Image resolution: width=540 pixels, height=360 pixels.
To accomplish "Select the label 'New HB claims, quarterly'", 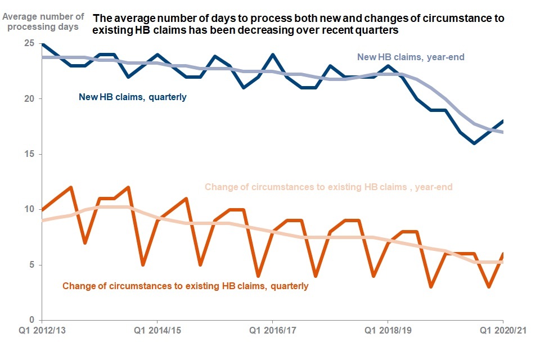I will pos(132,97).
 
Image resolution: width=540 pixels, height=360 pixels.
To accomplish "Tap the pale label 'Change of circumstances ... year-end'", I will pos(328,187).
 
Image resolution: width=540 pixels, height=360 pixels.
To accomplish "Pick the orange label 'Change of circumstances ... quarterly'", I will pos(186,286).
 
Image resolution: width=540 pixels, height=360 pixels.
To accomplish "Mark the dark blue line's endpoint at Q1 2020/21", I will pos(502,121).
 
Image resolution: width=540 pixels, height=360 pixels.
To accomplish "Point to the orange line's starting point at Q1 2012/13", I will pos(43,209).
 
